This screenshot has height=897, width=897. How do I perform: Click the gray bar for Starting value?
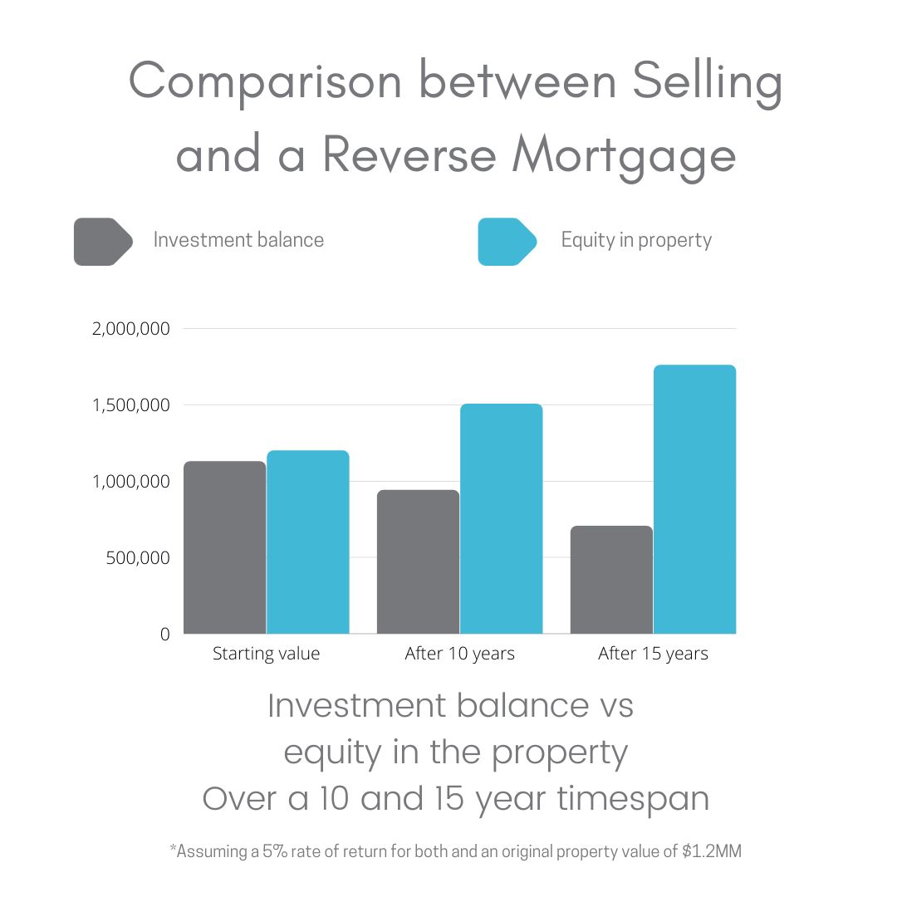click(x=225, y=547)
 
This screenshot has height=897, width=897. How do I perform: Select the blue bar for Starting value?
click(x=308, y=542)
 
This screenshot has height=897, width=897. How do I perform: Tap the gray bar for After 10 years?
click(x=418, y=561)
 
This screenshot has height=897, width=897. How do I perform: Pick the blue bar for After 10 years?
click(x=502, y=519)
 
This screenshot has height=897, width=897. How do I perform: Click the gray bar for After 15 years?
click(x=611, y=580)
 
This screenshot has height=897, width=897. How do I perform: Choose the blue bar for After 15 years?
click(x=695, y=499)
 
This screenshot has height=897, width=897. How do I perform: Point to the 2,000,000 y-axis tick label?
click(x=131, y=329)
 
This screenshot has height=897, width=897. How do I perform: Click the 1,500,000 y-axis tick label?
click(x=131, y=405)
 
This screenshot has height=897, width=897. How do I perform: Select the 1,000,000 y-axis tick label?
click(x=131, y=482)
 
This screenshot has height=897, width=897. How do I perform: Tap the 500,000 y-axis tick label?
click(x=138, y=558)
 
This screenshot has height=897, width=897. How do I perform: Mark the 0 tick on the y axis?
click(x=164, y=634)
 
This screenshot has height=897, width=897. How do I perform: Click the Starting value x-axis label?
click(x=266, y=654)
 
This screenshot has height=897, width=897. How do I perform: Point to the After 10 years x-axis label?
click(x=460, y=654)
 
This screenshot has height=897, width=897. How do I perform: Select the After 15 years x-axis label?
click(x=654, y=654)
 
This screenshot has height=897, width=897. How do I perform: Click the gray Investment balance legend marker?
click(x=103, y=242)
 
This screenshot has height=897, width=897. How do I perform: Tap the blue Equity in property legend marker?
click(x=507, y=242)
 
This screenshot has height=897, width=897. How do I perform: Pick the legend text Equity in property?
click(x=636, y=240)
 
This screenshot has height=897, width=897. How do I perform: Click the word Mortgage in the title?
click(x=624, y=156)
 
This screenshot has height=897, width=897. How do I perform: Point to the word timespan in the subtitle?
click(x=633, y=799)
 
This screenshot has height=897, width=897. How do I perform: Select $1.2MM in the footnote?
click(x=712, y=851)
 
